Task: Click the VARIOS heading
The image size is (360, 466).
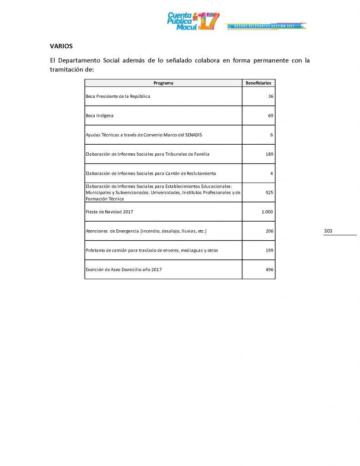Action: click(61, 46)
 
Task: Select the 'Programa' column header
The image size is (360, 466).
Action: click(163, 83)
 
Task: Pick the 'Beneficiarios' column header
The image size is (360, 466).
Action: click(258, 83)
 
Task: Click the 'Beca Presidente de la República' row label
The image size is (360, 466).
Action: click(118, 96)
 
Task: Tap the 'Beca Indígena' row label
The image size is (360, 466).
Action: click(100, 116)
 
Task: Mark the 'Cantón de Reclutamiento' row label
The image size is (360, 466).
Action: click(151, 173)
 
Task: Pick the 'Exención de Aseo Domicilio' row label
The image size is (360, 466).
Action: click(124, 270)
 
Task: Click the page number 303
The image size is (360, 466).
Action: click(328, 231)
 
